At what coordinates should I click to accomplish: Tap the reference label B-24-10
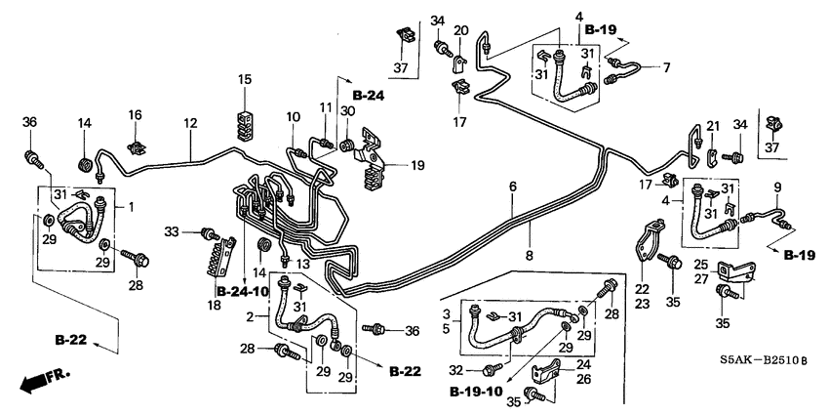241,291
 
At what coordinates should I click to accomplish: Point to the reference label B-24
370,95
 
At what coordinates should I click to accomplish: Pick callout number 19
417,166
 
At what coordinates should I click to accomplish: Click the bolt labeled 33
206,232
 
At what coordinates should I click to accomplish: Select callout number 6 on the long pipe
512,186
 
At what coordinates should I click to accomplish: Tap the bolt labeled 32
494,370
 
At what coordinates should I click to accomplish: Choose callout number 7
667,67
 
